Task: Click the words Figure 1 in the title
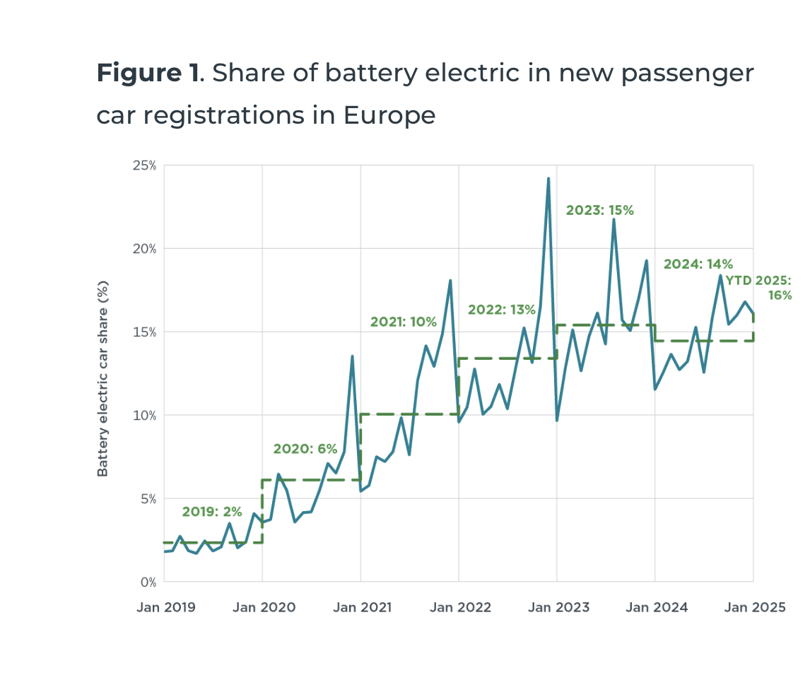(148, 73)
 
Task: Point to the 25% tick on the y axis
(146, 165)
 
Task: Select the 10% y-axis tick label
(146, 416)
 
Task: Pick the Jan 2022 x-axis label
(459, 607)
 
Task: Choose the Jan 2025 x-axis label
(753, 607)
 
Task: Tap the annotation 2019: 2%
(212, 512)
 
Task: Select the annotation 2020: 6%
(305, 449)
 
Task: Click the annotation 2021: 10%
(403, 322)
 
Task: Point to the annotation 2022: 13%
(501, 309)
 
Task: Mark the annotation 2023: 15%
(600, 210)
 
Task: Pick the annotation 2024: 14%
(698, 264)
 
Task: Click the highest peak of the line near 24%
(548, 179)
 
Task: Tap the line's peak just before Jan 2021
(352, 356)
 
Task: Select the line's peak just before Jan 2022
(450, 281)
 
